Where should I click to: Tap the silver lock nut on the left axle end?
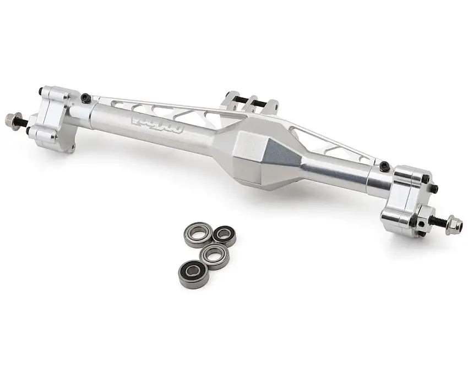[x=10, y=119]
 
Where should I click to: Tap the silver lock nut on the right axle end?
[x=455, y=226]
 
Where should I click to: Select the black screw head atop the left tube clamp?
[x=85, y=98]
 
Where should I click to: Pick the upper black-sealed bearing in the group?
[x=225, y=235]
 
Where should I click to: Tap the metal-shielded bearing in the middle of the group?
[x=214, y=254]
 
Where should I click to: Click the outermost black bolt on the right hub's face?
[x=434, y=190]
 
